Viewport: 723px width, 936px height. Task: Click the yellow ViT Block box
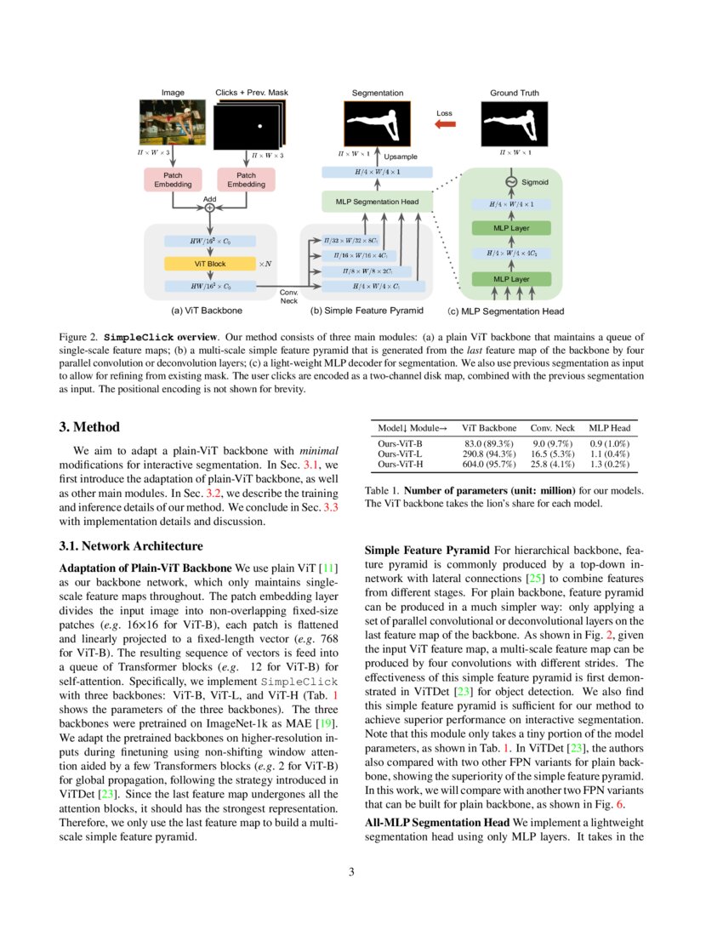(x=209, y=264)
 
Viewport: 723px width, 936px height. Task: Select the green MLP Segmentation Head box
(x=377, y=202)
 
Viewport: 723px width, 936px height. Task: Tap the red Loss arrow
(x=445, y=125)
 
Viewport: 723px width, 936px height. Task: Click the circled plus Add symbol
(x=210, y=207)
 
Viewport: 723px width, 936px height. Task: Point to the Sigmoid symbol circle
(x=511, y=181)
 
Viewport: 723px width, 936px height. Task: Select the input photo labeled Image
(x=173, y=123)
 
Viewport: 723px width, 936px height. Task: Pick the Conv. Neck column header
(x=553, y=428)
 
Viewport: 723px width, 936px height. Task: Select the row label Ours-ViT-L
(x=400, y=454)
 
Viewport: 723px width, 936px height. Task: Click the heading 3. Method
(x=89, y=427)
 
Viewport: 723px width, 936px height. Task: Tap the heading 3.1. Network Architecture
(x=131, y=545)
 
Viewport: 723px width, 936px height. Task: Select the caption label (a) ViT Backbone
(x=207, y=311)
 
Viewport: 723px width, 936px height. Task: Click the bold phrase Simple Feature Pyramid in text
(x=425, y=551)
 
